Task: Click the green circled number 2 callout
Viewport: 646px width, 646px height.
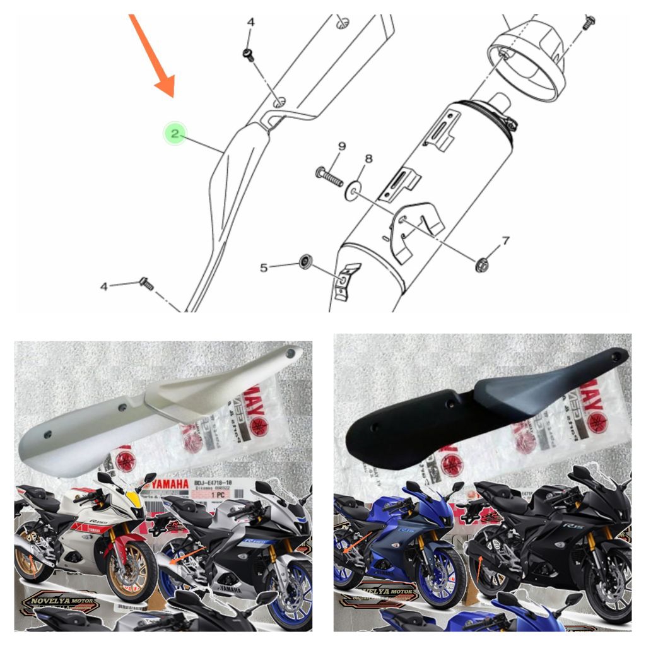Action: click(x=175, y=133)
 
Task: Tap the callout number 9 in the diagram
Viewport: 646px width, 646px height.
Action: click(x=341, y=146)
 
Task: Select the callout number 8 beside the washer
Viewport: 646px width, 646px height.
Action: click(x=368, y=159)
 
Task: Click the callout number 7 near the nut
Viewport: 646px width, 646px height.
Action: click(x=505, y=240)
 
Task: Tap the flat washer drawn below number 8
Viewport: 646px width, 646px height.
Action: click(x=353, y=190)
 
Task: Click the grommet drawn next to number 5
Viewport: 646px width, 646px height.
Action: click(x=306, y=260)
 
